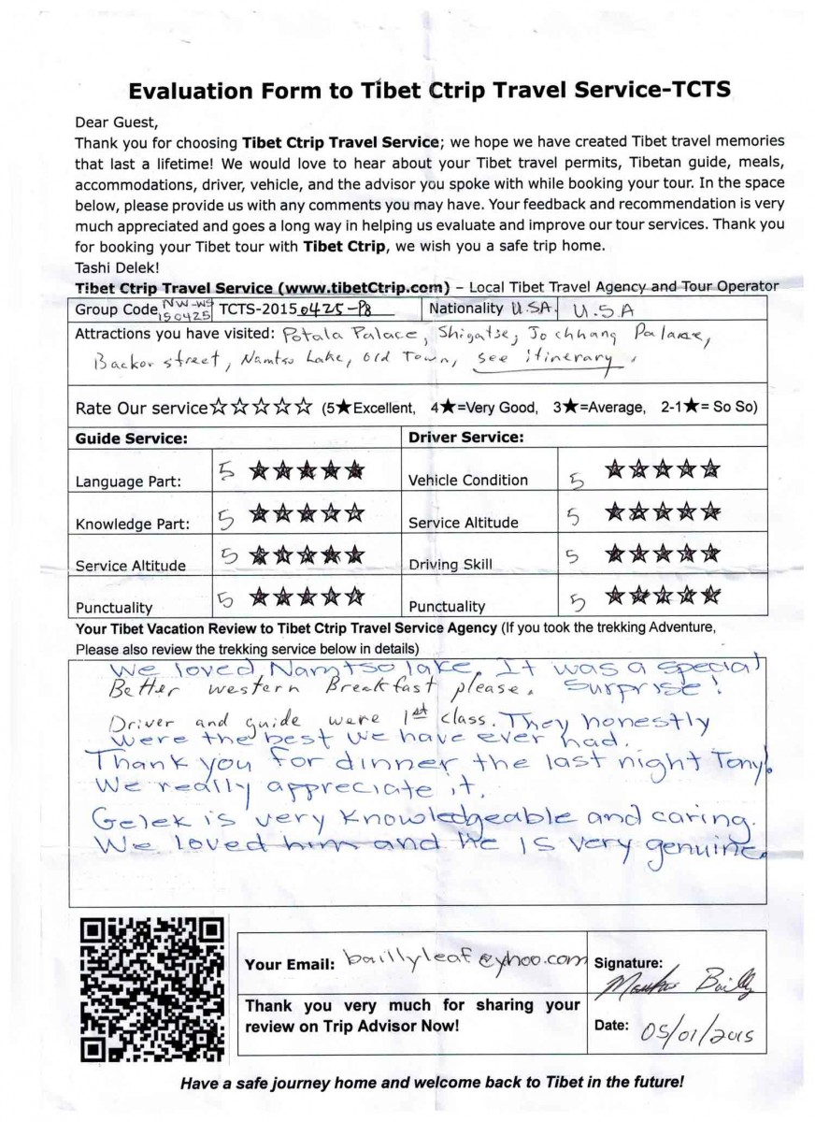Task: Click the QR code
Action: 152,991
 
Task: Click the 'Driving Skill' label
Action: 450,565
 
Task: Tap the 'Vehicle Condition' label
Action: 468,480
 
